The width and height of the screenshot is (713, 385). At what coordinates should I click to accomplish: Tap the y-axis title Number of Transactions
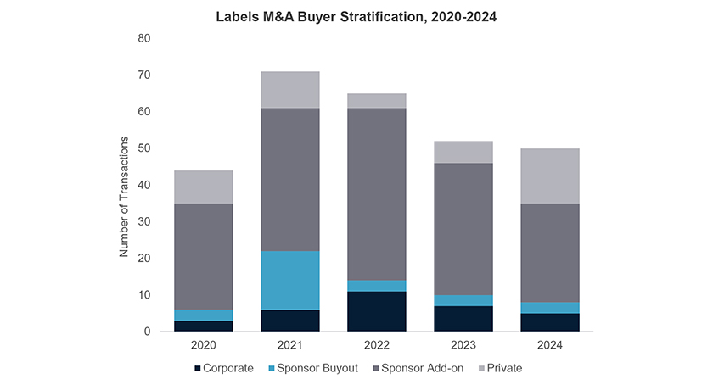[124, 195]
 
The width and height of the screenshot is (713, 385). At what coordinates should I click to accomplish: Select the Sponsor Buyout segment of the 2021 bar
[290, 280]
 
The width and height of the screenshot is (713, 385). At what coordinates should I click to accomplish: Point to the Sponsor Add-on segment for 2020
[204, 256]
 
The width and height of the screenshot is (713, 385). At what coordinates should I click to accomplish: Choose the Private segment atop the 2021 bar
[290, 90]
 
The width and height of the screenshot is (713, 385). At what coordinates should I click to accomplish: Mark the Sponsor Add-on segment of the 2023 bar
[463, 229]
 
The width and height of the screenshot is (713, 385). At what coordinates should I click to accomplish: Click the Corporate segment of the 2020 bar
[204, 326]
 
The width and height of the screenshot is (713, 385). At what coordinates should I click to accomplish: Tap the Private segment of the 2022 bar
[377, 101]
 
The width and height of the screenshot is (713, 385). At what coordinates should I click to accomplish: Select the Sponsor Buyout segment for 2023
[463, 300]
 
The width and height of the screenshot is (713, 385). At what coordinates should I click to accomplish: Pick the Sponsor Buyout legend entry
[312, 369]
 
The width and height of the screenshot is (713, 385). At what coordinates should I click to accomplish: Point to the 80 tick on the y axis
[143, 39]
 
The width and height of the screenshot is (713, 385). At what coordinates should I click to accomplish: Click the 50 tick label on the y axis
[143, 148]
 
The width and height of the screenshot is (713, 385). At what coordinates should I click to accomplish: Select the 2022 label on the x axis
[377, 345]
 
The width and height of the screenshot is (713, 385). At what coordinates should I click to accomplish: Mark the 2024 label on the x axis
[550, 345]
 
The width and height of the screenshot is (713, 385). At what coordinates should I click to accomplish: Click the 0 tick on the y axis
[147, 332]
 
